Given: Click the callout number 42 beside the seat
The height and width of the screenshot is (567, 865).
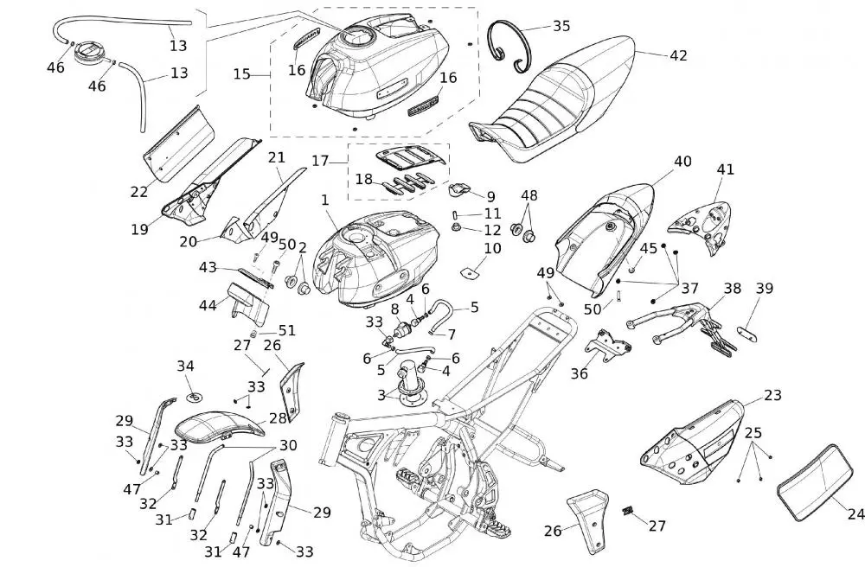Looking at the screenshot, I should [x=678, y=55].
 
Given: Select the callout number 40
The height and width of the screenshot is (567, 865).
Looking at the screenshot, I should [x=682, y=162].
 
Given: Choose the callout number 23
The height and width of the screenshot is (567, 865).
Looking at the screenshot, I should [x=772, y=396].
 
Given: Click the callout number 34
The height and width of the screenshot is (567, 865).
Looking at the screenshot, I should [x=186, y=366].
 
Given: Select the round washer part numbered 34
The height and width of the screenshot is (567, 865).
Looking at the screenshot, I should [x=193, y=398].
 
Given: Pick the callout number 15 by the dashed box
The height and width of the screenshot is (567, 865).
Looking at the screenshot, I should [x=241, y=75].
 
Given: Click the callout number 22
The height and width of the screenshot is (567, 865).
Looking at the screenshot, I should [x=139, y=192].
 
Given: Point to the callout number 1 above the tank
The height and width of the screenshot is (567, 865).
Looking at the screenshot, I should [x=325, y=200].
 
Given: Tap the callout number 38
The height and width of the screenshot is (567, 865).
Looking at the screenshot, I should [x=733, y=288].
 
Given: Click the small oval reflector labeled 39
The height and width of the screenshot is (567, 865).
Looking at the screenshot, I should [x=747, y=332].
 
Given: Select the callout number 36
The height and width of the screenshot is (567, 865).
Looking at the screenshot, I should [x=579, y=373].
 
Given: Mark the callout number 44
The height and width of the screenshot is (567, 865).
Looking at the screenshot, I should [x=208, y=305].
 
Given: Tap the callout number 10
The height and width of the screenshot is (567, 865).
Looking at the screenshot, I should [x=491, y=249].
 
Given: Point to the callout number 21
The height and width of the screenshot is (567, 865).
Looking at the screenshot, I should [x=276, y=157].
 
